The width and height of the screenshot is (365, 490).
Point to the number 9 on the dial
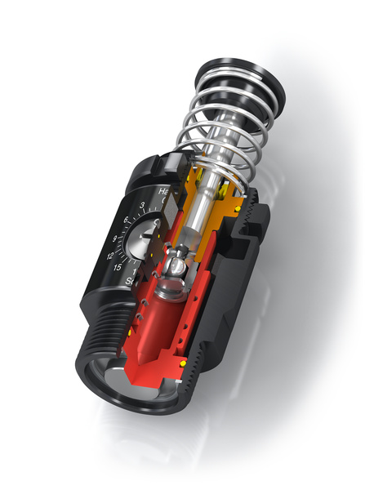coord(114,238)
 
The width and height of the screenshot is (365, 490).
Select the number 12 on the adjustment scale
coord(110,255)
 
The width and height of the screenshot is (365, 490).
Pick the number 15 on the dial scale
coord(118,269)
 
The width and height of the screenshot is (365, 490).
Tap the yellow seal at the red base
coord(182,363)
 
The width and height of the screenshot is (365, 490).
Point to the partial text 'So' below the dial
coord(131,282)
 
